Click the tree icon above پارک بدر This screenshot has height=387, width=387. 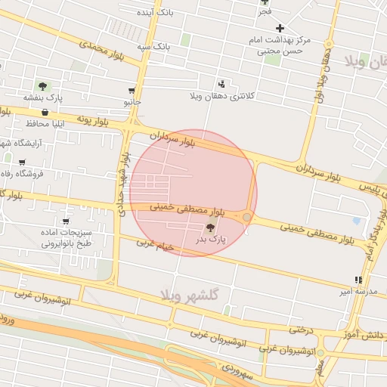point(210,227)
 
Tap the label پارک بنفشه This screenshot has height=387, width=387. point(42,98)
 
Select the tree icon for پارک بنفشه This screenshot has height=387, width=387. point(42,86)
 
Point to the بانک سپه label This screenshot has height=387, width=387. point(153,47)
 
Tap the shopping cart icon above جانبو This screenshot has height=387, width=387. point(132,90)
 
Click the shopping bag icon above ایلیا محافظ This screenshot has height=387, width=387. point(45,112)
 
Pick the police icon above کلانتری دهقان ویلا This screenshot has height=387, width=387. point(221,84)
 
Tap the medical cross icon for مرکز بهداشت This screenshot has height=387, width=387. point(280,28)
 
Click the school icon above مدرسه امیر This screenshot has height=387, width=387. point(358,280)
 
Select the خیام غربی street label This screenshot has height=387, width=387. point(156,245)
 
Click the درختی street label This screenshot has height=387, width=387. point(299,329)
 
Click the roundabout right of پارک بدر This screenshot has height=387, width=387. point(247,218)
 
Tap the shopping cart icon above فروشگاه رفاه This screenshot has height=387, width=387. point(22,162)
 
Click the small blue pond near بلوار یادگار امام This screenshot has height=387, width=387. point(357,221)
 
